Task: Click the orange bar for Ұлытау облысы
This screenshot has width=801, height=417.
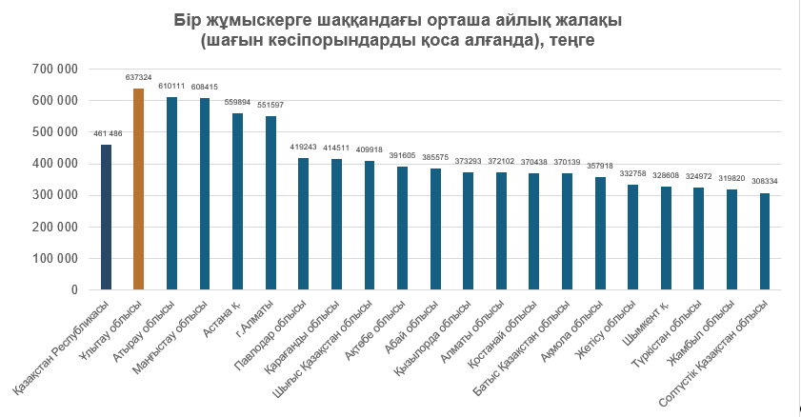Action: (x=138, y=189)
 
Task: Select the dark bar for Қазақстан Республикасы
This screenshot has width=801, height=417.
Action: (x=107, y=217)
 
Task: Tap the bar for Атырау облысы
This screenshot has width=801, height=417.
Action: (x=171, y=193)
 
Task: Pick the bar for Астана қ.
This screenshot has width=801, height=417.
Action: (x=237, y=202)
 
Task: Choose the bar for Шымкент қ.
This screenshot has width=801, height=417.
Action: (x=666, y=238)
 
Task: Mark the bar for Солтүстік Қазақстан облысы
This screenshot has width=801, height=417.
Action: (x=765, y=242)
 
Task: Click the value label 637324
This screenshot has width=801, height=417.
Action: (x=138, y=77)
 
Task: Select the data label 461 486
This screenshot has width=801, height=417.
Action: (x=108, y=133)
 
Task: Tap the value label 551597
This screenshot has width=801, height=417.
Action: (x=270, y=105)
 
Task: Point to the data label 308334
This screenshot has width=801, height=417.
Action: (x=765, y=181)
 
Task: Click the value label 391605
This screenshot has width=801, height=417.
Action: (x=403, y=156)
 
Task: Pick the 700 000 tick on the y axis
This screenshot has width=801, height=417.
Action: (x=54, y=69)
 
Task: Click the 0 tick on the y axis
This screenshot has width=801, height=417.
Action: (x=74, y=290)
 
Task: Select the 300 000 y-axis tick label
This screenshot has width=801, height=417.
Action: (x=54, y=195)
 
